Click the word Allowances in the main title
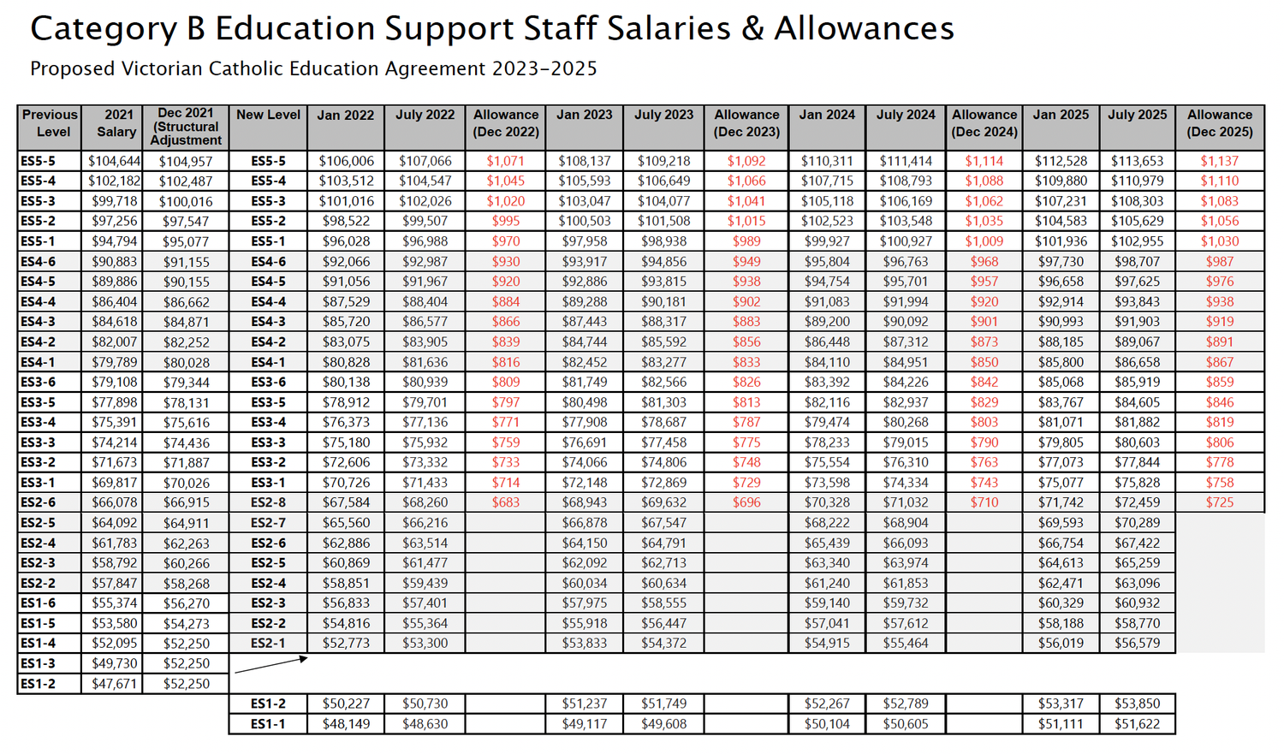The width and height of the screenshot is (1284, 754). (x=864, y=29)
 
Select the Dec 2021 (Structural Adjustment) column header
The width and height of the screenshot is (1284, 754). (x=186, y=127)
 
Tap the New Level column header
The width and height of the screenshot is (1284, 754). (x=268, y=115)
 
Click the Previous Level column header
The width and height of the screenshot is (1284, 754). (x=50, y=123)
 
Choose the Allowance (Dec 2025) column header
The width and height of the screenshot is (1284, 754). (x=1219, y=123)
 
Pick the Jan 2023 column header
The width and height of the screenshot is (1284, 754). (x=584, y=115)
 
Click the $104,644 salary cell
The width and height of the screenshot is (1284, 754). (x=113, y=161)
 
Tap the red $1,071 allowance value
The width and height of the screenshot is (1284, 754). (x=505, y=161)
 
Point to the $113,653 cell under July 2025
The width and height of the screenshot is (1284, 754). (x=1137, y=161)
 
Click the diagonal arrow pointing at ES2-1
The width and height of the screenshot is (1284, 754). (x=270, y=665)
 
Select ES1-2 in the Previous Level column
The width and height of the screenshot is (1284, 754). (x=38, y=684)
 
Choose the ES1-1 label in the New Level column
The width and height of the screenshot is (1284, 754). (x=268, y=724)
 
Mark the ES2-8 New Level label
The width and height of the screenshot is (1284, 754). (x=268, y=502)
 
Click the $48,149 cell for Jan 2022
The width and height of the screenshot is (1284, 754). (x=346, y=724)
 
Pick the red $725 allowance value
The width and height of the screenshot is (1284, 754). (x=1219, y=502)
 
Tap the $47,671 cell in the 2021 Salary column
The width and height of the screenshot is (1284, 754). (x=113, y=684)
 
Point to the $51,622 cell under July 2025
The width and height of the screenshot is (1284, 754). (x=1137, y=724)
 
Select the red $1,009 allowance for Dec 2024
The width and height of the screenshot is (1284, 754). (x=984, y=241)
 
